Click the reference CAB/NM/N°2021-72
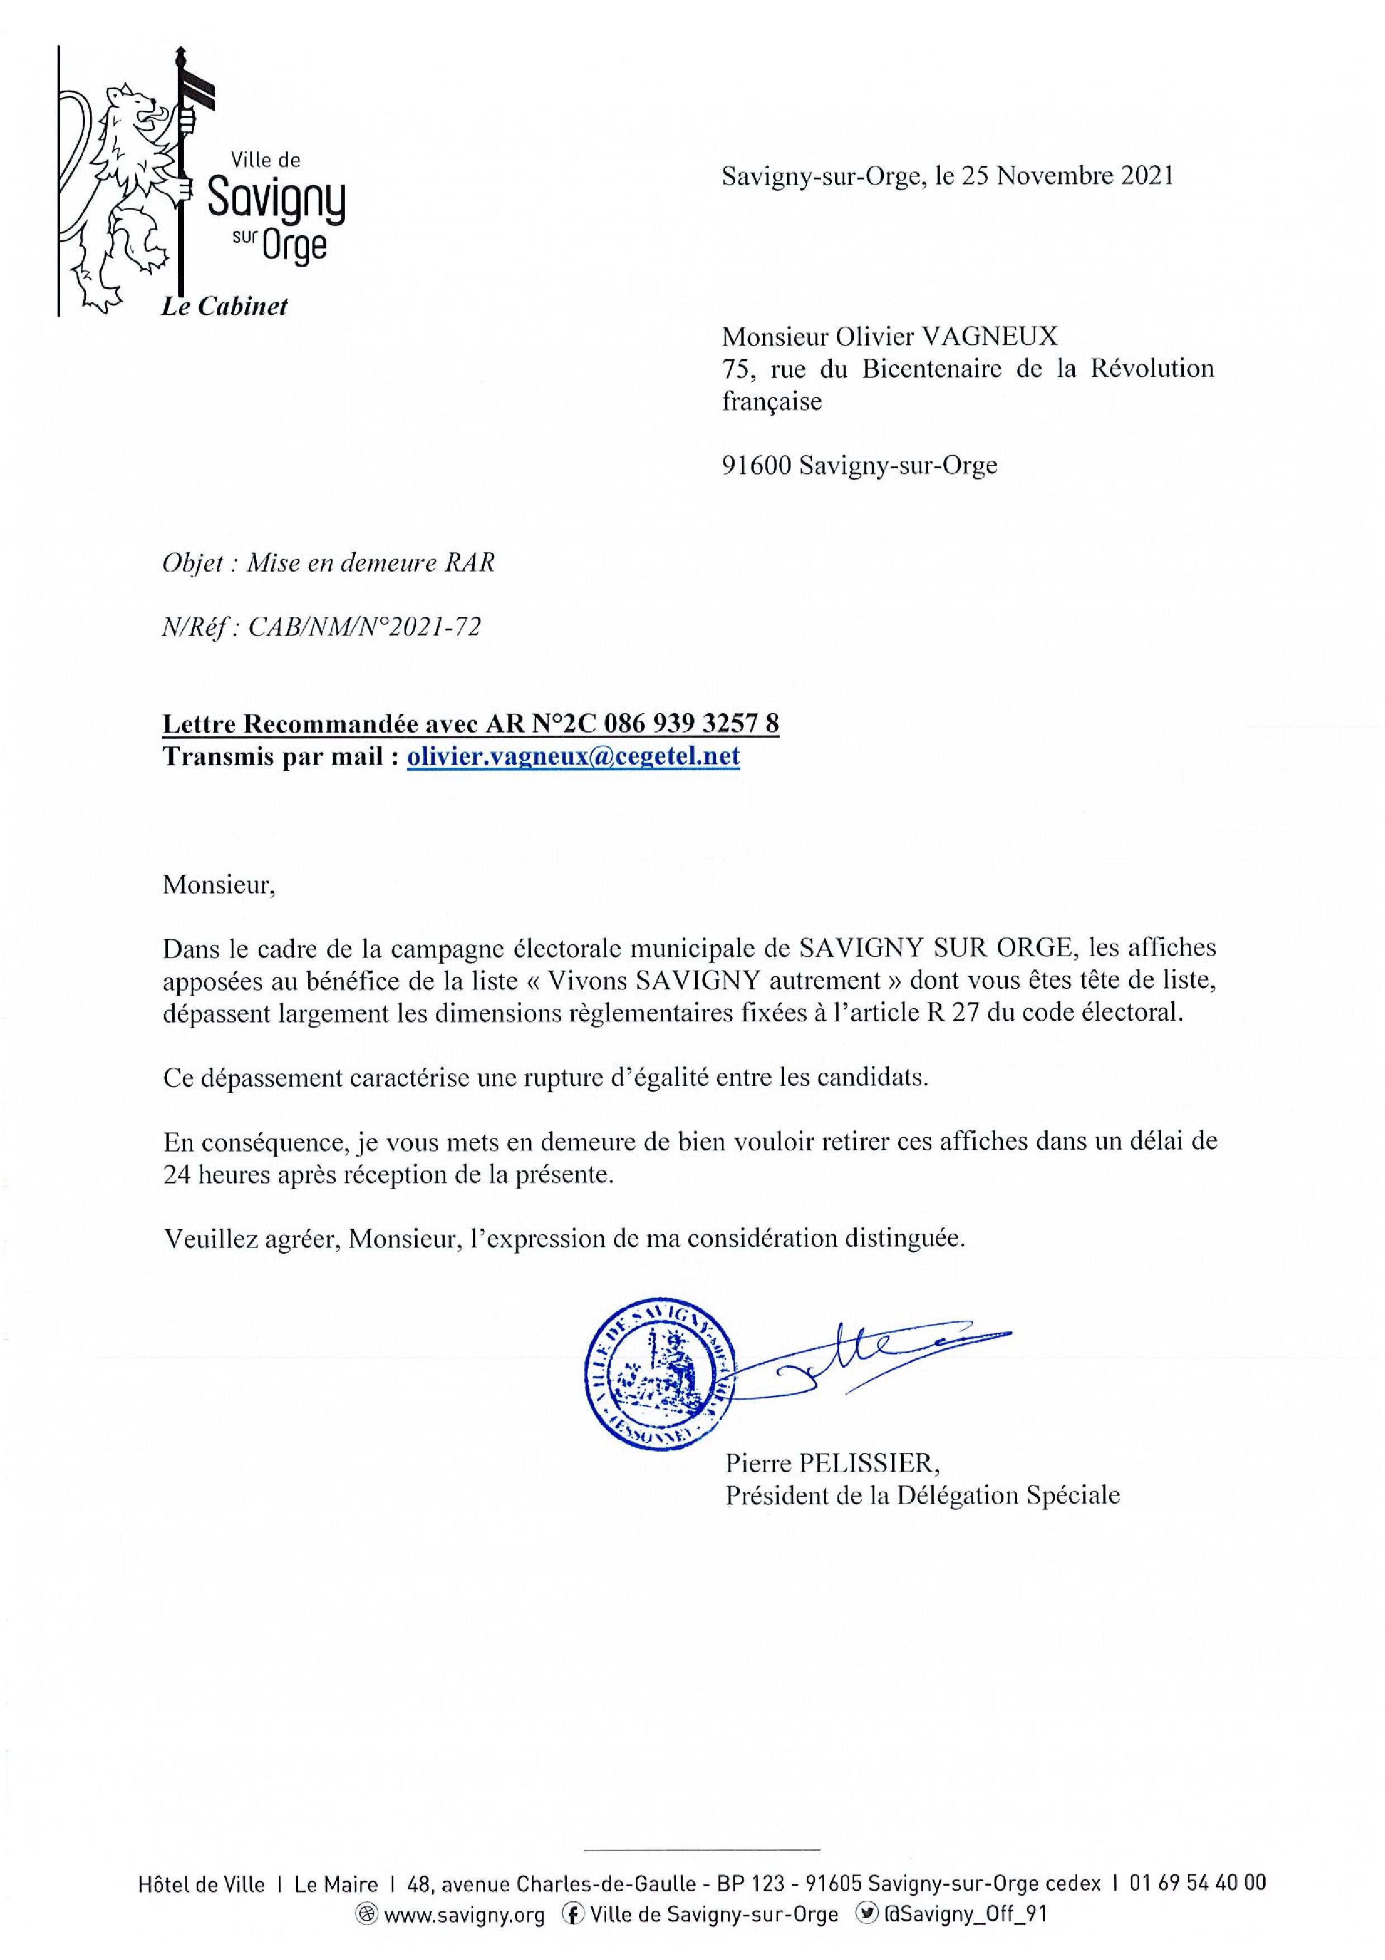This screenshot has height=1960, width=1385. coord(364,627)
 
